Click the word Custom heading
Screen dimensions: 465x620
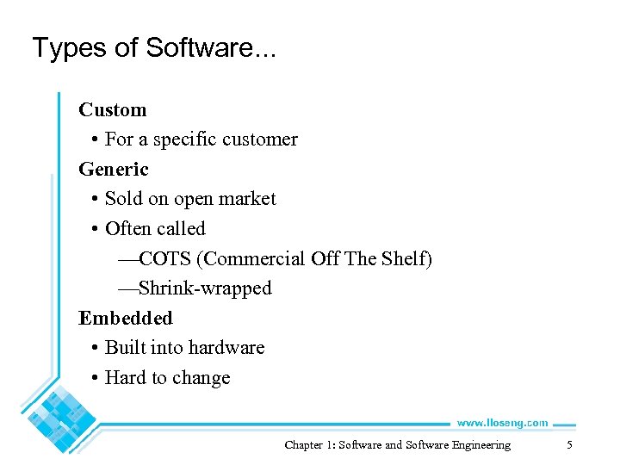(x=113, y=110)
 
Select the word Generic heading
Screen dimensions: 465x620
(x=114, y=170)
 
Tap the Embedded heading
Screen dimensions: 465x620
(x=126, y=319)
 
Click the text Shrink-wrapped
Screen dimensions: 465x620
(x=204, y=288)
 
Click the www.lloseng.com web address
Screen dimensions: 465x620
(x=501, y=423)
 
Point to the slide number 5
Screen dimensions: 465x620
(x=569, y=445)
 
